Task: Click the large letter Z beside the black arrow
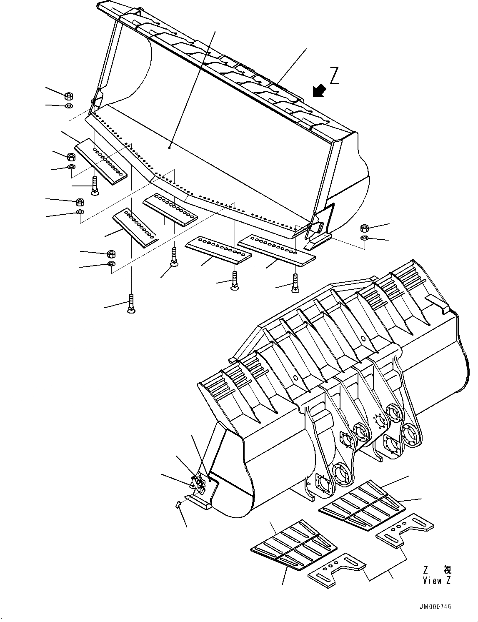334,76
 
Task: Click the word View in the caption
432,580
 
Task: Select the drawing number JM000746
435,607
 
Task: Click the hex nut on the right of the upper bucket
365,228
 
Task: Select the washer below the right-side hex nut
365,238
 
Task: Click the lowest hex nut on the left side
111,253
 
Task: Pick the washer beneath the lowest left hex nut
111,264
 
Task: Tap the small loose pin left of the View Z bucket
178,504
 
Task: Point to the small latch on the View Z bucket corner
198,483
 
